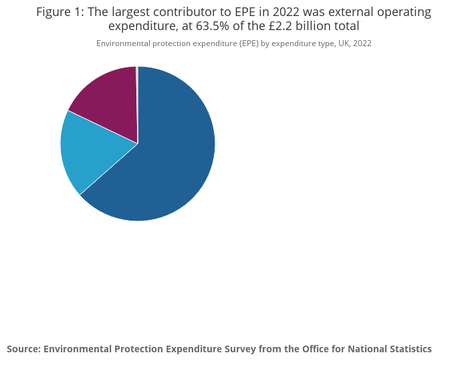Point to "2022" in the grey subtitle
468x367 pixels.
click(x=360, y=43)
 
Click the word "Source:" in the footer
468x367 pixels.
click(x=23, y=349)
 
